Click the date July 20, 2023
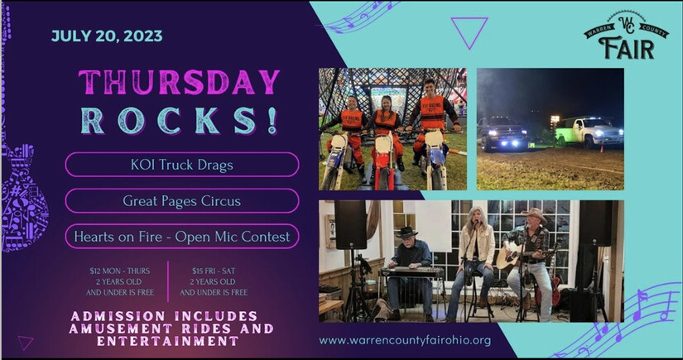[107, 36]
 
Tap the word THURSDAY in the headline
[179, 82]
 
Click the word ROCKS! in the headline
[179, 121]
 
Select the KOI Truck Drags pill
[182, 165]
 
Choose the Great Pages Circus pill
[182, 200]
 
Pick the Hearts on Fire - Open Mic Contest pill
[182, 237]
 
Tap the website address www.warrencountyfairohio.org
[405, 340]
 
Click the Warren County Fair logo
[626, 36]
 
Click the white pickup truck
[589, 132]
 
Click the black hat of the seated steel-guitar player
[406, 233]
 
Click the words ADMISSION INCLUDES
[164, 316]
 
